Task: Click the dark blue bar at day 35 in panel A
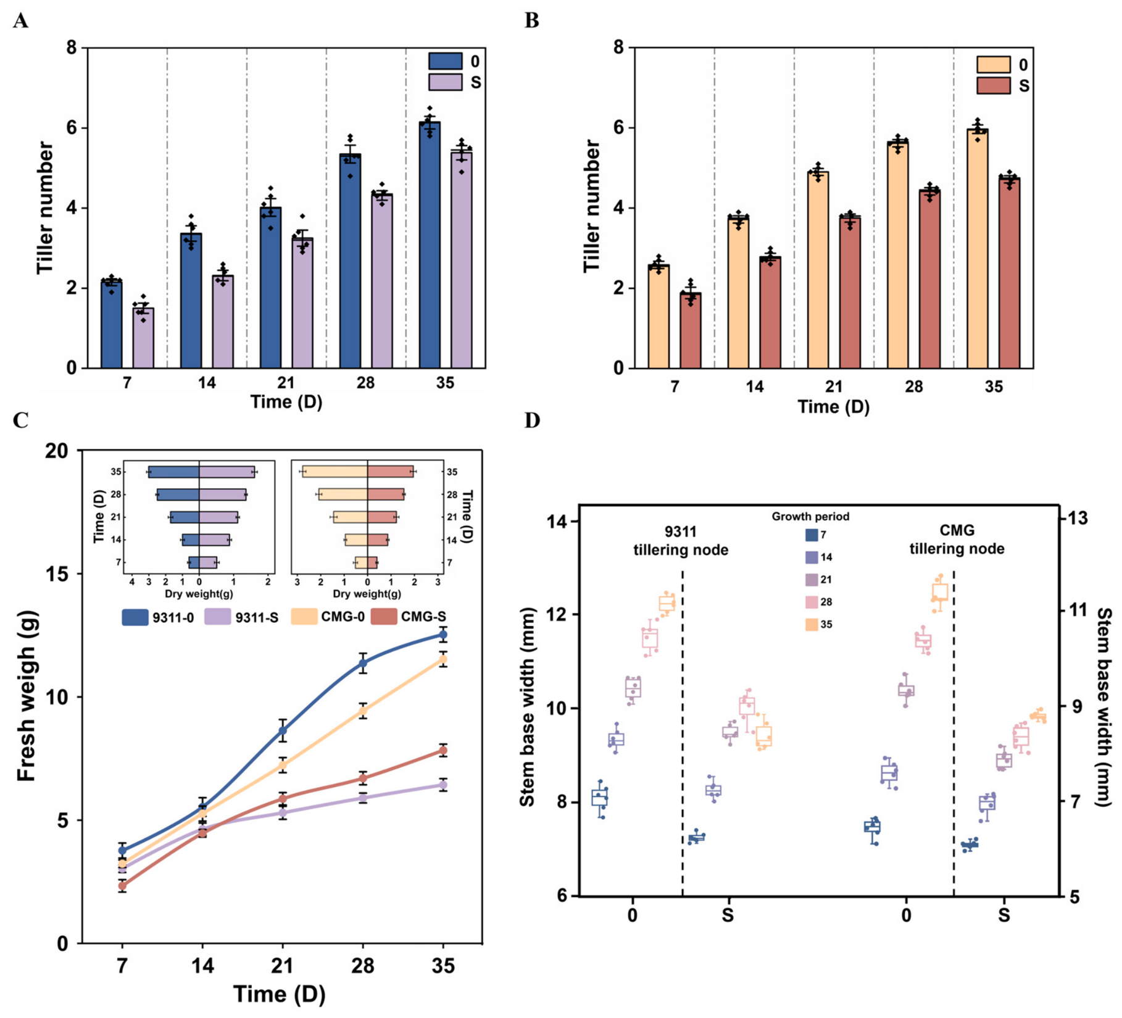click(430, 245)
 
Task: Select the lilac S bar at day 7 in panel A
click(143, 338)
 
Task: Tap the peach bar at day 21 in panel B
click(818, 270)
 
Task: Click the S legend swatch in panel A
click(446, 82)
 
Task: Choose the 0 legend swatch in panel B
click(994, 65)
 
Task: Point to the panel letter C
click(20, 420)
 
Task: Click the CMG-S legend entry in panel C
click(409, 617)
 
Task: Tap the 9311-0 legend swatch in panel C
click(135, 617)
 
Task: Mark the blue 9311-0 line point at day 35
click(443, 635)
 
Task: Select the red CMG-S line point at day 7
click(122, 886)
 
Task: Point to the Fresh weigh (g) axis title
click(27, 696)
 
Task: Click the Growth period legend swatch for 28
click(812, 602)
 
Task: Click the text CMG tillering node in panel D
click(957, 540)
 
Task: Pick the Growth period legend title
click(810, 517)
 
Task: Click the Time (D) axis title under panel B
click(834, 407)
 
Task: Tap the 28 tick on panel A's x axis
click(365, 383)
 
